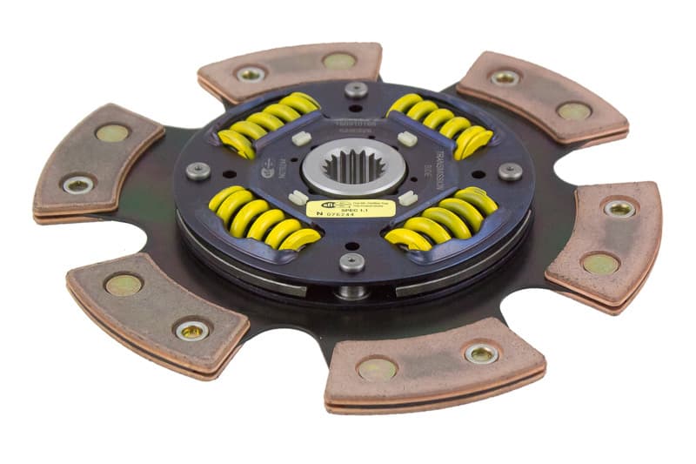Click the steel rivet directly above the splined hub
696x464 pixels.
pos(356,89)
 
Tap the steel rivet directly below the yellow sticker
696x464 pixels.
pos(351,262)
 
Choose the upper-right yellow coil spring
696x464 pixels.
pos(440,122)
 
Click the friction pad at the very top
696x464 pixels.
pos(290,70)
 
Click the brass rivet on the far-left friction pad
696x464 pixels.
pos(110,132)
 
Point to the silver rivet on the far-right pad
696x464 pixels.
pos(619,208)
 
